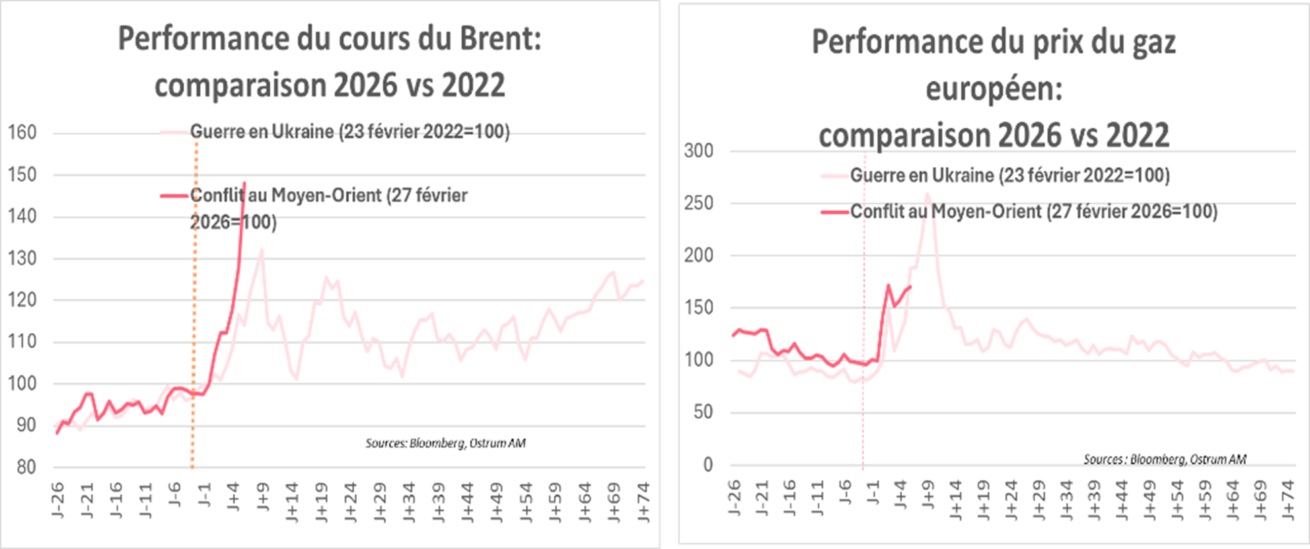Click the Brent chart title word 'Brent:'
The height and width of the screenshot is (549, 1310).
tap(499, 40)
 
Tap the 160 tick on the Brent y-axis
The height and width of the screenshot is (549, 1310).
tap(22, 133)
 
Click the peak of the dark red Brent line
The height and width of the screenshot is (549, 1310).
tap(244, 183)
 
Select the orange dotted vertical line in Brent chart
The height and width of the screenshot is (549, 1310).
tap(194, 330)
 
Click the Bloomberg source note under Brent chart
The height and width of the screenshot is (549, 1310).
tap(446, 443)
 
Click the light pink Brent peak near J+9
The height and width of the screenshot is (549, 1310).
tap(262, 250)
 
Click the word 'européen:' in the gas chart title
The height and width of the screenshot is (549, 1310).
tap(994, 89)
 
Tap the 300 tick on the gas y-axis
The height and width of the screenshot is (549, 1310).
tap(699, 151)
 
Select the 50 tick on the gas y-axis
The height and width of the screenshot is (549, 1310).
tap(703, 412)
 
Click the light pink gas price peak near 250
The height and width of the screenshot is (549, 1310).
tap(928, 194)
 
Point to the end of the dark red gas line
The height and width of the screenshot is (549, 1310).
tap(911, 286)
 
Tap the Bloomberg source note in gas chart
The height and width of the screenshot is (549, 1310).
tap(1165, 459)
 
